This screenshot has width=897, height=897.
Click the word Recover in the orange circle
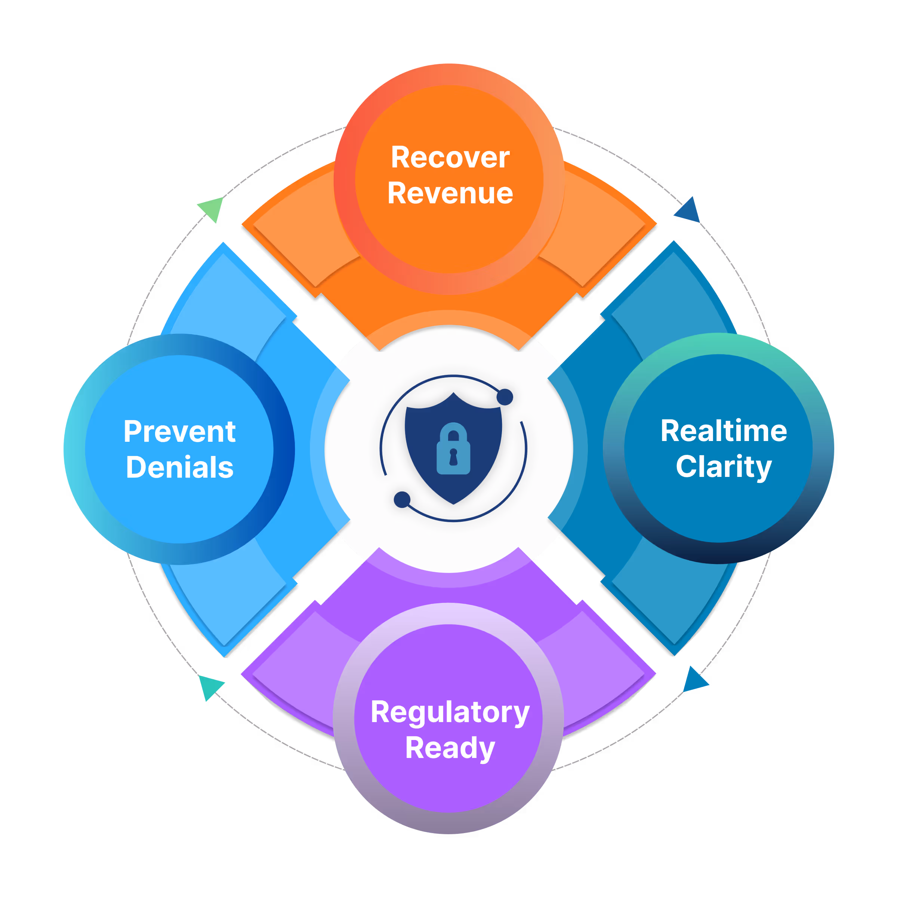coord(450,157)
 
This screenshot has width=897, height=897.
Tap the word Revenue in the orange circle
coord(450,193)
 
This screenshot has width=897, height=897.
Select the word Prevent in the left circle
coord(180,432)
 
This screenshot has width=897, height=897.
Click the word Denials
coord(180,467)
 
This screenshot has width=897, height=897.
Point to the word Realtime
coord(723,431)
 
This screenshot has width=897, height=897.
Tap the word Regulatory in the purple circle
coord(450,713)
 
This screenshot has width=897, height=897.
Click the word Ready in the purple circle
coord(450,748)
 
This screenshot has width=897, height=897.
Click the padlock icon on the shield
coord(453,449)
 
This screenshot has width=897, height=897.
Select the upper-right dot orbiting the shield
coord(505,397)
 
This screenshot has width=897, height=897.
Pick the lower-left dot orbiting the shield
coord(402,500)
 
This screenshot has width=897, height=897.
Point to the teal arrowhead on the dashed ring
coord(210,686)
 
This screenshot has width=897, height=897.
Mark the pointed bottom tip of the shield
coord(453,503)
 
